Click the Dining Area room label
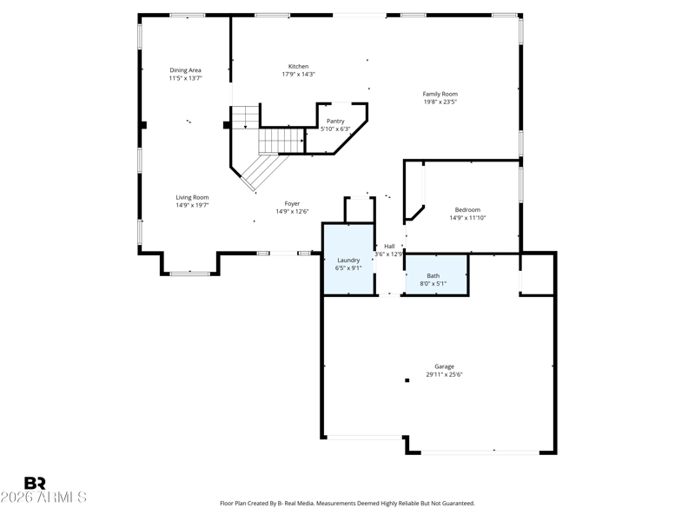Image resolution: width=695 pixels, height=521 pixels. (185, 70)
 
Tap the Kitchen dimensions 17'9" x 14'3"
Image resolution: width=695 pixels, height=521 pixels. (298, 75)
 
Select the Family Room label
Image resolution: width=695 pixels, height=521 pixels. (440, 94)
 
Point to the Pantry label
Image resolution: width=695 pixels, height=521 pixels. (335, 121)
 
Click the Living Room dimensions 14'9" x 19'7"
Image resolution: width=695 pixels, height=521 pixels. (192, 206)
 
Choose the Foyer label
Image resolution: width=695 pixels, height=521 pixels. (292, 204)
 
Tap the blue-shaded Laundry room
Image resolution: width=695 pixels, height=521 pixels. (348, 259)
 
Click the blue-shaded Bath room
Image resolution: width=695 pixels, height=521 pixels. (437, 274)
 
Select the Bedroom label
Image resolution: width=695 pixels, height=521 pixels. (467, 210)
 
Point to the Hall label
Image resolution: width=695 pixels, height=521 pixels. (389, 247)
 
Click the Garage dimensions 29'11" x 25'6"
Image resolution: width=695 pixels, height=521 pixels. (445, 375)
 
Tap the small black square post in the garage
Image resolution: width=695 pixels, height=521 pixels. (407, 380)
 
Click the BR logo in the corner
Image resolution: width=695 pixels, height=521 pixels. (35, 483)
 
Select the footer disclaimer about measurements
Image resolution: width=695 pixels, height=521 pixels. (347, 504)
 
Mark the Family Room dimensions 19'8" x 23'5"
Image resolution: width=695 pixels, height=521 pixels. (440, 102)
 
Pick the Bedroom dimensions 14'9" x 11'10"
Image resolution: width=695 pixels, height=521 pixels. (467, 218)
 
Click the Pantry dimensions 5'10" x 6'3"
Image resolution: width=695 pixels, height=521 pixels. (335, 129)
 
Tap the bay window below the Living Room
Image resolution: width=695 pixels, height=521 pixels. (190, 274)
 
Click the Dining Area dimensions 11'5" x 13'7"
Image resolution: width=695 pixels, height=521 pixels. (185, 78)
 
